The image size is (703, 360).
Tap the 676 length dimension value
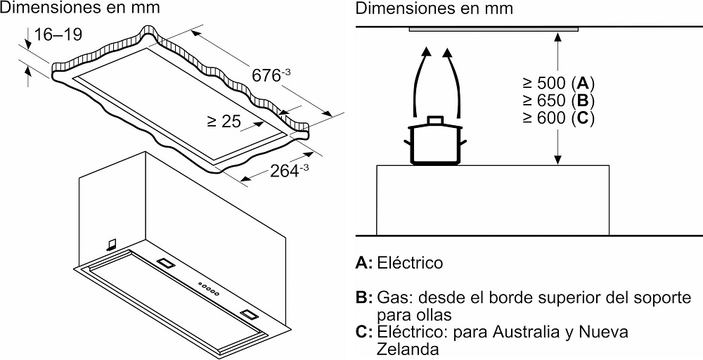268,75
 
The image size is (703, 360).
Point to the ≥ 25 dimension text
224,121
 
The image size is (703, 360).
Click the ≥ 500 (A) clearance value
555,80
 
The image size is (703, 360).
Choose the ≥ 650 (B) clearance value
555,99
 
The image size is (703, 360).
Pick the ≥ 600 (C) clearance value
555,118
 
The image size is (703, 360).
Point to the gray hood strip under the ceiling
493,29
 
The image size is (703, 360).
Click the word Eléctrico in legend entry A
410,263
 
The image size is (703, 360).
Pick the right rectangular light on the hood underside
248,311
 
